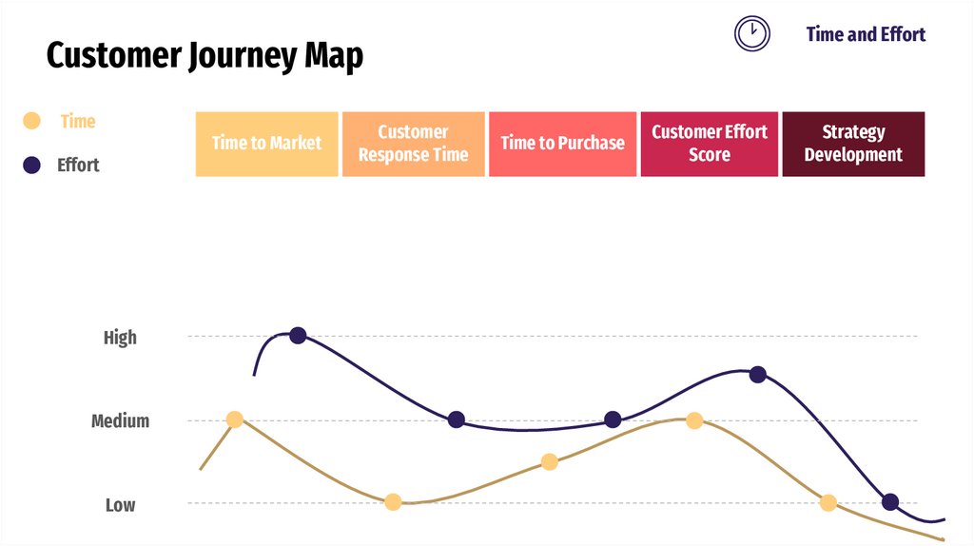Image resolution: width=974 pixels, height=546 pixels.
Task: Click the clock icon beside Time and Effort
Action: pyautogui.click(x=751, y=33)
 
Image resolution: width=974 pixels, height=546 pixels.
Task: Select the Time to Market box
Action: pyautogui.click(x=266, y=144)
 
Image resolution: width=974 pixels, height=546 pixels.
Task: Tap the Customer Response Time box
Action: pyautogui.click(x=413, y=144)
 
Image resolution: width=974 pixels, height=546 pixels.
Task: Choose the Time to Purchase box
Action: pyautogui.click(x=562, y=144)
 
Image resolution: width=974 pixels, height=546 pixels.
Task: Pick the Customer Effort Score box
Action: pyautogui.click(x=710, y=144)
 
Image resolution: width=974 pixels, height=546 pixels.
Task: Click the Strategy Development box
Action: pyautogui.click(x=853, y=144)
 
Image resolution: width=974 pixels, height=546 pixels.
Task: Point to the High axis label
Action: pyautogui.click(x=120, y=338)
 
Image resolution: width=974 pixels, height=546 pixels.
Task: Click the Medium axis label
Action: pyautogui.click(x=120, y=420)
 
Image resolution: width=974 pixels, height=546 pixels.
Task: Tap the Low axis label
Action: pyautogui.click(x=120, y=505)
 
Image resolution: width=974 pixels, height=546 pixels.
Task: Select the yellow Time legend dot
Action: pyautogui.click(x=31, y=121)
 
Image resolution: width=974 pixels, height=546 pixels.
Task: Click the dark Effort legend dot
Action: pyautogui.click(x=31, y=165)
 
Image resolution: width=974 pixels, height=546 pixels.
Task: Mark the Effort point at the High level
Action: pyautogui.click(x=298, y=335)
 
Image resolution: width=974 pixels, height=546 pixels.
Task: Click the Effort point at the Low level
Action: pyautogui.click(x=890, y=502)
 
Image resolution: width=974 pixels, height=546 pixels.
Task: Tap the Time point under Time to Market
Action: pyautogui.click(x=235, y=419)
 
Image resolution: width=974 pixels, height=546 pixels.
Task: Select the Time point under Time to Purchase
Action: pyautogui.click(x=549, y=462)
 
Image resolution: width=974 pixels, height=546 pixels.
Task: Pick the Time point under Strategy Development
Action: pyautogui.click(x=828, y=502)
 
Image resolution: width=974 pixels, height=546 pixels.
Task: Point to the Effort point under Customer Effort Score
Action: pyautogui.click(x=757, y=374)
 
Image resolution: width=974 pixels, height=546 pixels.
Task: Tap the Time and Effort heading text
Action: pyautogui.click(x=866, y=34)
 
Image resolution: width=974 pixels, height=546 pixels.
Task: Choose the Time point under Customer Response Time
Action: pyautogui.click(x=393, y=502)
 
